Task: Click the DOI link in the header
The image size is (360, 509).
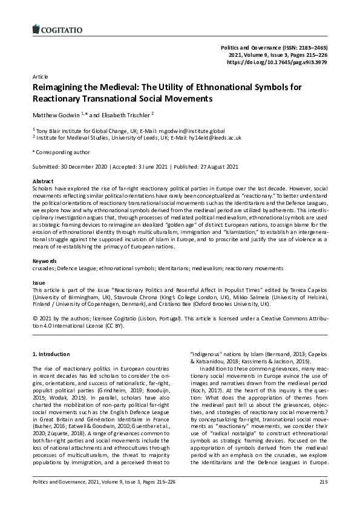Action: [x=277, y=62]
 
